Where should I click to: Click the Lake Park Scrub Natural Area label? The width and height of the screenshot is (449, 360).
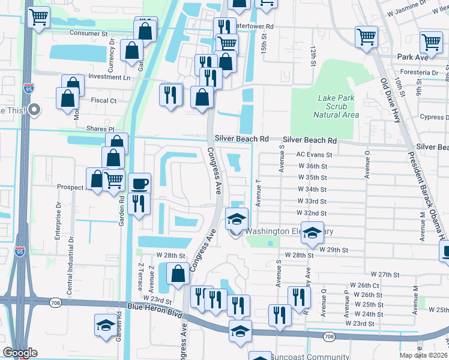click(336, 106)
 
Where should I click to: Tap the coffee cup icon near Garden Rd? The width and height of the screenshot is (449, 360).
click(140, 182)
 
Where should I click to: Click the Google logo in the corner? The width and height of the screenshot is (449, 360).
click(20, 353)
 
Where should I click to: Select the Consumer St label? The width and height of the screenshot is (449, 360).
click(88, 33)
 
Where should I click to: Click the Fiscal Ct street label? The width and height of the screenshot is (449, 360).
click(103, 101)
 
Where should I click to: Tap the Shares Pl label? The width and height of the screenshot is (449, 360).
click(101, 129)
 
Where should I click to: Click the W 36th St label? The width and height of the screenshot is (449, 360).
click(312, 166)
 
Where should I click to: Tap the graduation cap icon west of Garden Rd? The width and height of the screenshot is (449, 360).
click(106, 326)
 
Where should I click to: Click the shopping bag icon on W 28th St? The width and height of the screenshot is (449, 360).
click(178, 274)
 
